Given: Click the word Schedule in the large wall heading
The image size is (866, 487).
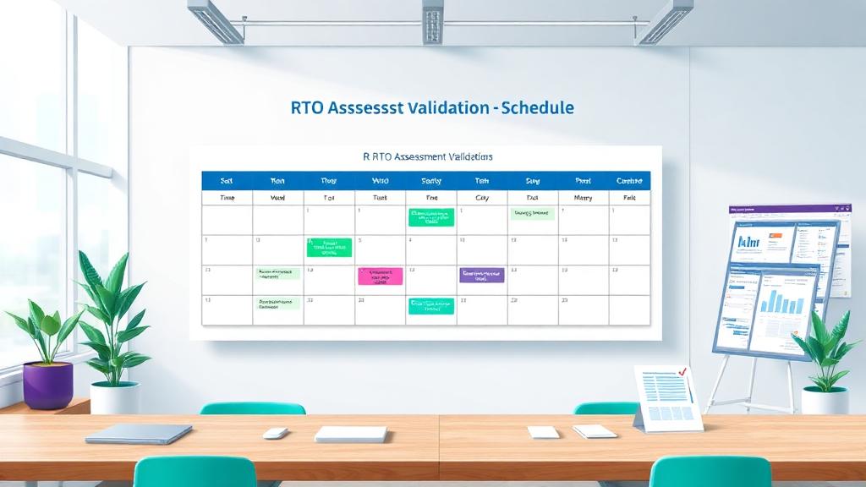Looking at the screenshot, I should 538,108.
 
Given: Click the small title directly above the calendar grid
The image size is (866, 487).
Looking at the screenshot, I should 425,156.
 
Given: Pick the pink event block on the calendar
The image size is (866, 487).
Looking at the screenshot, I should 380,276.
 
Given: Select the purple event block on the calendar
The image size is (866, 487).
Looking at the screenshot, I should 481,275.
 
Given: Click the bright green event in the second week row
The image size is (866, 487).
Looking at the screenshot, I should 329,247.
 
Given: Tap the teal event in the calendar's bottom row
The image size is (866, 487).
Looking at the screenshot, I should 430,305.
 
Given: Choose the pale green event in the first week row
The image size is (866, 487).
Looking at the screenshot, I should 532,215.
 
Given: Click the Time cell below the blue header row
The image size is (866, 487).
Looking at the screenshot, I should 227,197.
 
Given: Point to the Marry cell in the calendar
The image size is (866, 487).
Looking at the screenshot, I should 583,197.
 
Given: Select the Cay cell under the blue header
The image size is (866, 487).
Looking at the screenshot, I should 482,197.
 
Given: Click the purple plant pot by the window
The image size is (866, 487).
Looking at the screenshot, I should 47,385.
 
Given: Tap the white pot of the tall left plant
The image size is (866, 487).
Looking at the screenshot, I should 114,397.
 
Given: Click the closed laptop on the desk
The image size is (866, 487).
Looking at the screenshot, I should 139,434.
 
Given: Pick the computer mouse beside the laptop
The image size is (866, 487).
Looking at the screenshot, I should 275,433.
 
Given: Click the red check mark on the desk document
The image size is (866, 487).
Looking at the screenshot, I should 683,373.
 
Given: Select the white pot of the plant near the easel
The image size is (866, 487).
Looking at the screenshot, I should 824,400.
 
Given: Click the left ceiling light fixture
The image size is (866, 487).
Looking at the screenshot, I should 216,19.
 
